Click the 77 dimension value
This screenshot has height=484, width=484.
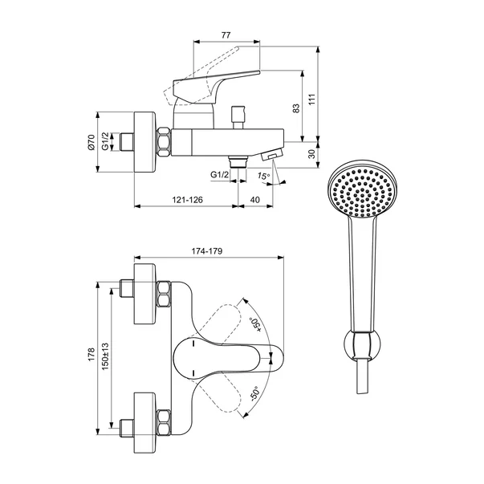click(226, 35)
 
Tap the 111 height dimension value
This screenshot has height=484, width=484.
click(312, 99)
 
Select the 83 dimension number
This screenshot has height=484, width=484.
click(296, 108)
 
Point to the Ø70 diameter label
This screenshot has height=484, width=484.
click(91, 142)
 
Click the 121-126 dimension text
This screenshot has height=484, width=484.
click(187, 200)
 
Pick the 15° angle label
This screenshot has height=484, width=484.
click(264, 177)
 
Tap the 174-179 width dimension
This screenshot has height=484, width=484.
click(207, 251)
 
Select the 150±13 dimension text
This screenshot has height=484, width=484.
click(105, 356)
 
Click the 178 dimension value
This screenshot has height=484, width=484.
click(92, 355)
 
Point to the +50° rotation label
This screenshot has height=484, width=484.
click(256, 325)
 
